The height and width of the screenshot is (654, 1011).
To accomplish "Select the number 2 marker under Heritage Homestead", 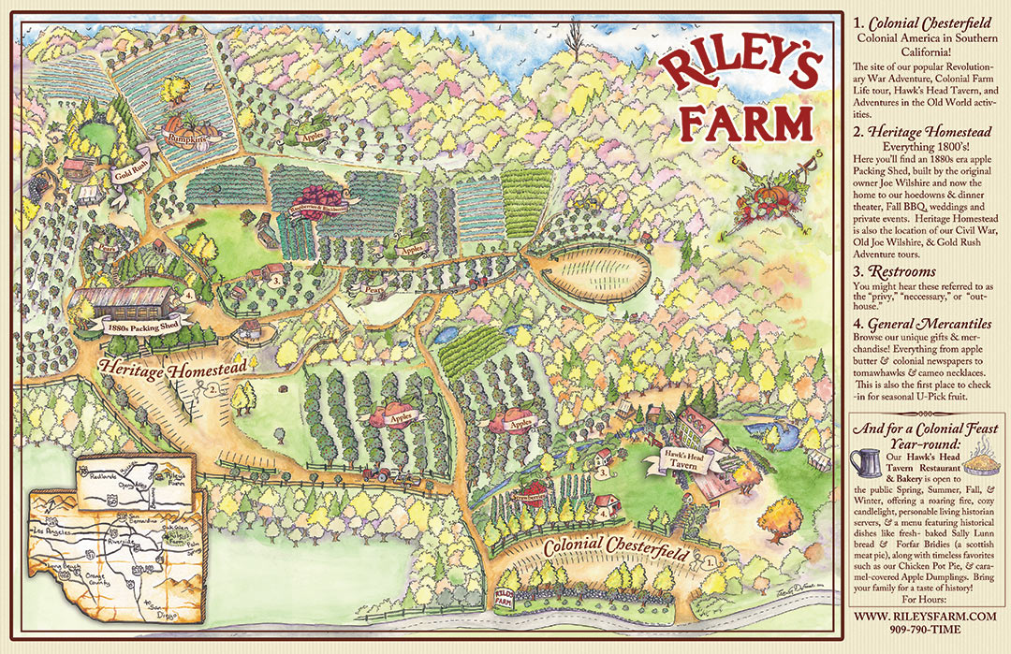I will pyautogui.click(x=212, y=387).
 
